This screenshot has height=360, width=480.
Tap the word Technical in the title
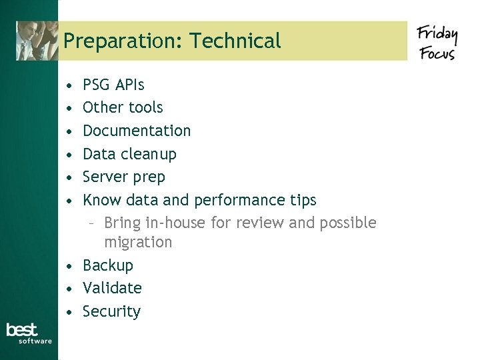click(x=235, y=41)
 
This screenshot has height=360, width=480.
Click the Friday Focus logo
click(x=437, y=42)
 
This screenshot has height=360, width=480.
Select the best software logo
click(x=29, y=333)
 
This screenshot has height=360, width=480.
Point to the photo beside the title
click(x=37, y=41)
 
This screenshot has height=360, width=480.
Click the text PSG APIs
click(x=113, y=85)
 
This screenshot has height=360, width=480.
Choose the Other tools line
click(x=123, y=107)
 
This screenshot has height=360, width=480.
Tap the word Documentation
click(x=137, y=131)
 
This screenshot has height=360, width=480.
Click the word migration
click(x=138, y=242)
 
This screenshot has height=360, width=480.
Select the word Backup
click(x=108, y=265)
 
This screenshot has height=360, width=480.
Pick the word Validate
click(x=112, y=288)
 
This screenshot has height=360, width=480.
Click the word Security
click(x=111, y=311)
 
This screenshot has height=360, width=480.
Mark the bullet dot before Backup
click(x=69, y=266)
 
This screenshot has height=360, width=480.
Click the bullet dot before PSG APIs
click(x=69, y=85)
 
